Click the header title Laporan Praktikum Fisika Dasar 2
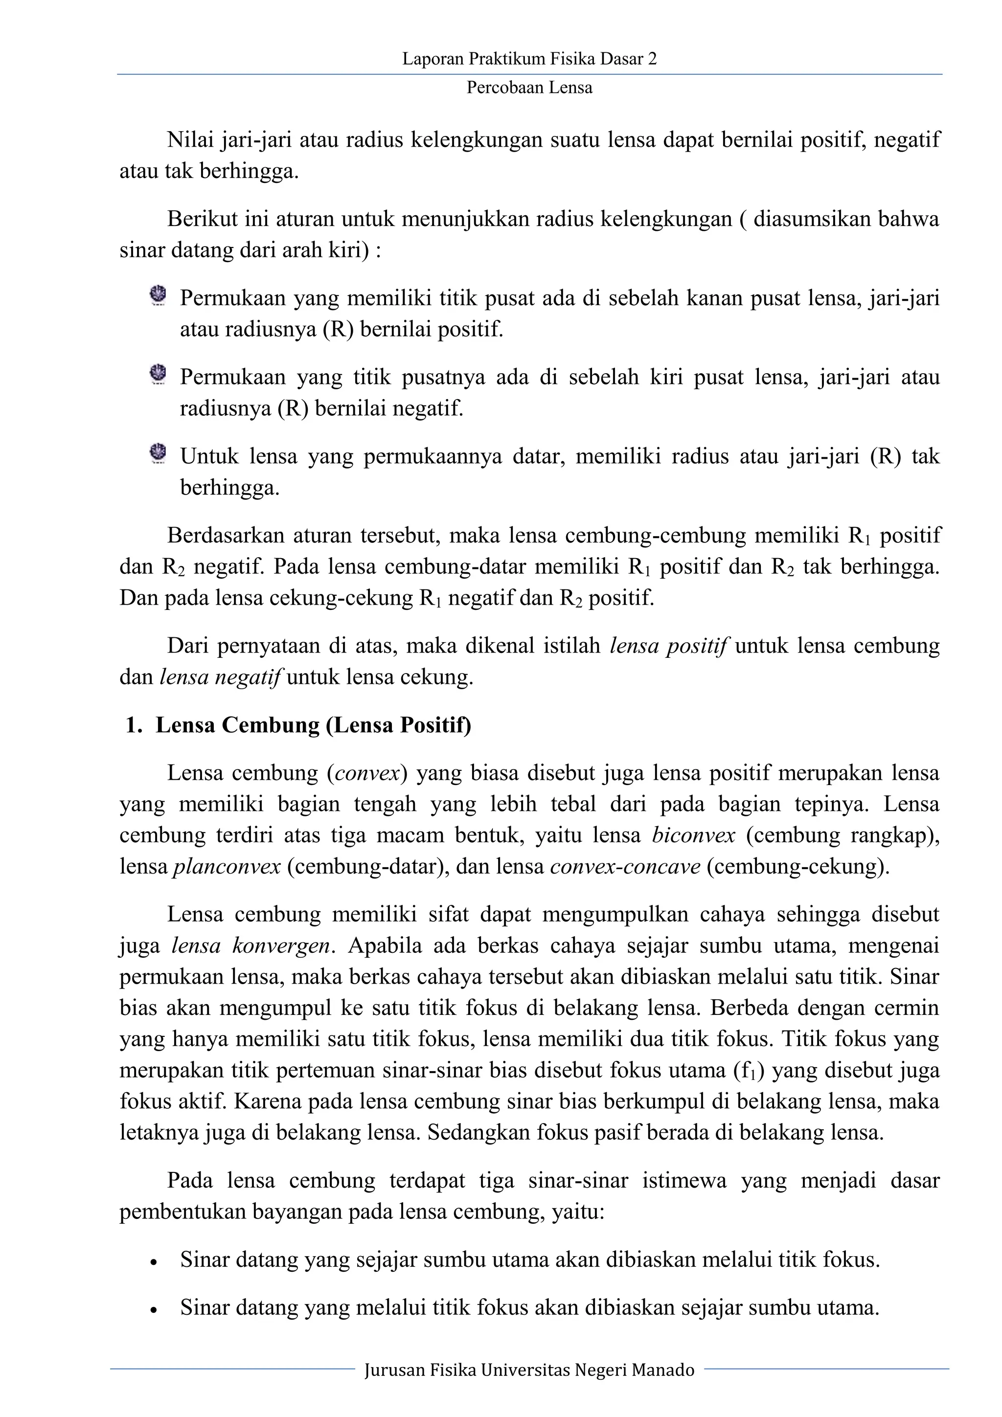(529, 59)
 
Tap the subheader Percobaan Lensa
(529, 88)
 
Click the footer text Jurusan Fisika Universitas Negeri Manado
(529, 1370)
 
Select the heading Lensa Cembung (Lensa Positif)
(313, 724)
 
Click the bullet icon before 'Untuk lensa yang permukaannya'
(158, 453)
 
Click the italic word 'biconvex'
(693, 835)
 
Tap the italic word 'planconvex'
(227, 867)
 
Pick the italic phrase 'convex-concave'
(625, 867)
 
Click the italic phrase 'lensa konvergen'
(252, 945)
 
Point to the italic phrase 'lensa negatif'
(220, 677)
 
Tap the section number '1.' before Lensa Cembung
(134, 724)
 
